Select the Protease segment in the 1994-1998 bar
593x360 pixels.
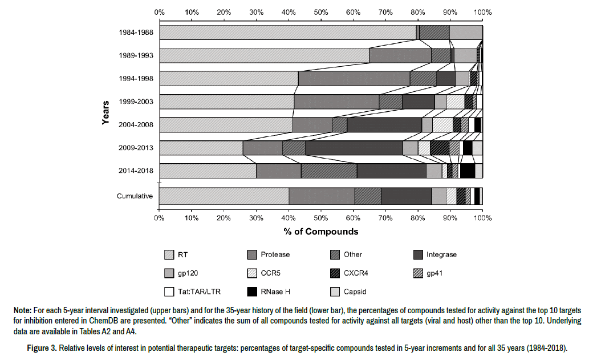pyautogui.click(x=354, y=79)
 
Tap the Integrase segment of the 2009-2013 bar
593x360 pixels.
pyautogui.click(x=354, y=148)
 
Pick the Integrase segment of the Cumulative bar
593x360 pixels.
pyautogui.click(x=406, y=196)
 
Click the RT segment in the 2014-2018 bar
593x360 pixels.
pyautogui.click(x=208, y=171)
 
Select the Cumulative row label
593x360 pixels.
pyautogui.click(x=135, y=196)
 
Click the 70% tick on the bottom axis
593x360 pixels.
pyautogui.click(x=385, y=218)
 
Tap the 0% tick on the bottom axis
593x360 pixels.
pyautogui.click(x=160, y=218)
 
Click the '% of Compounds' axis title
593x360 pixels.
pyautogui.click(x=322, y=231)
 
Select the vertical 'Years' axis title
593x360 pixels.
pyautogui.click(x=106, y=113)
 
